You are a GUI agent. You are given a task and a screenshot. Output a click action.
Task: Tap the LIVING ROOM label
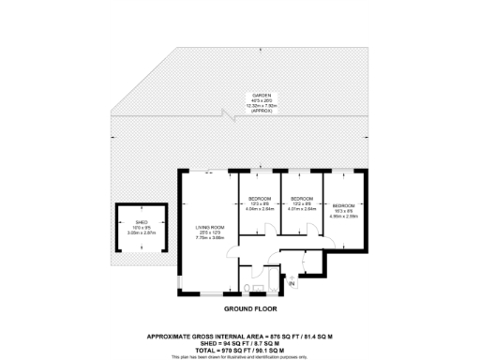(x=208, y=228)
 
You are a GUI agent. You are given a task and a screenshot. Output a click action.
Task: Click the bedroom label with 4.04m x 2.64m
(x=259, y=199)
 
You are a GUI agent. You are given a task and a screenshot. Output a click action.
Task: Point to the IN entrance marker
(x=292, y=282)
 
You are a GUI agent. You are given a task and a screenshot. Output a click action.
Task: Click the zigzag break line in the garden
(x=225, y=115)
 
